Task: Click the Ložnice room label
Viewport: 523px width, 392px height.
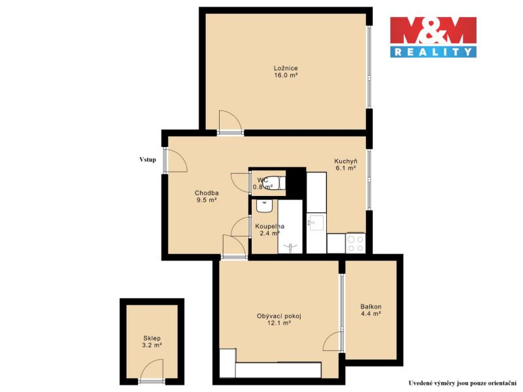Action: (286, 68)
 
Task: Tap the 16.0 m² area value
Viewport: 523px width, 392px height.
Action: (286, 75)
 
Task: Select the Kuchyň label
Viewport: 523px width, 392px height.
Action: (346, 161)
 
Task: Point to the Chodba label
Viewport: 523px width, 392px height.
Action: (207, 193)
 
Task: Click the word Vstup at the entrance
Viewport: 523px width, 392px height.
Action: (148, 159)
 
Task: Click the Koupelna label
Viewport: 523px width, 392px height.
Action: (269, 226)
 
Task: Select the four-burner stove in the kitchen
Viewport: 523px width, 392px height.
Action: (356, 243)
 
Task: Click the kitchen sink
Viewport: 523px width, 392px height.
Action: (315, 223)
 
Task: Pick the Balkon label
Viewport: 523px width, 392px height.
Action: (371, 306)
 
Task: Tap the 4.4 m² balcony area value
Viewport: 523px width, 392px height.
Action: (371, 314)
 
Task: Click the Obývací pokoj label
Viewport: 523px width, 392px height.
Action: (279, 316)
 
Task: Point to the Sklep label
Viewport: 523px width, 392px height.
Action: (152, 338)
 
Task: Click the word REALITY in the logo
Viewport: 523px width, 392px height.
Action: (433, 52)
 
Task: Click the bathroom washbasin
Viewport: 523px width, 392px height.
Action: (265, 206)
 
